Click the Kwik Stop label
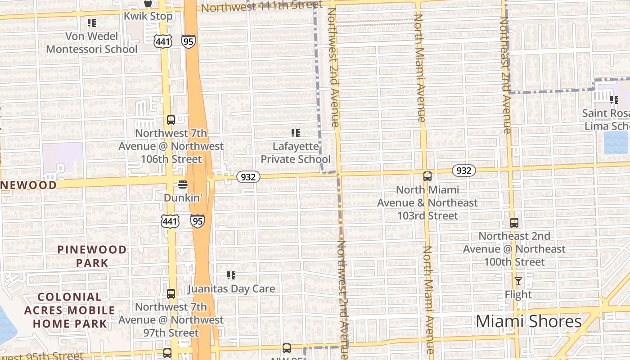coord(148,16)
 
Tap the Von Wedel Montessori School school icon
coord(92,22)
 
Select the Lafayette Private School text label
coord(296,153)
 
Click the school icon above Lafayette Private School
coord(296,133)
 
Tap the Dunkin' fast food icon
coord(182,184)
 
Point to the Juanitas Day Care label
coord(231,288)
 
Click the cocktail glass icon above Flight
coord(518,281)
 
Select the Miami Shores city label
coord(529,321)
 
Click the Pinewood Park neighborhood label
coord(92,256)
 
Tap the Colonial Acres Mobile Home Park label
coord(70,310)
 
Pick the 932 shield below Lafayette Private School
coord(248,177)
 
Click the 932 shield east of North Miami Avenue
coord(463,171)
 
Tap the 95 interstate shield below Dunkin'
coord(198,220)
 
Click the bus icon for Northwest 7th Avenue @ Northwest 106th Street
coord(171,120)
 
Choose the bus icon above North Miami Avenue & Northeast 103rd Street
coord(427,176)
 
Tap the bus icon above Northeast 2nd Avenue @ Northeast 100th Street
coord(514,222)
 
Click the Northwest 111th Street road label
coord(261,6)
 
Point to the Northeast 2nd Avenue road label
coord(505,75)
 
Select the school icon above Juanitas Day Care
coord(231,275)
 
